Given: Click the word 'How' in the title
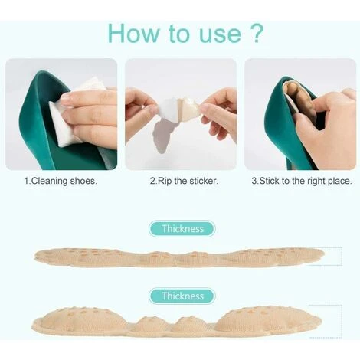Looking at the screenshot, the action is coord(133,33).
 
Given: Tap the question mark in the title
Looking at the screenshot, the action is coord(254,33).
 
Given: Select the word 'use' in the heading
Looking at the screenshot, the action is coord(220,35).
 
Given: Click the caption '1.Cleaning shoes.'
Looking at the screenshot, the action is coord(61,181).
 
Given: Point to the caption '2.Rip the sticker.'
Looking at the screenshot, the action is coord(184,181).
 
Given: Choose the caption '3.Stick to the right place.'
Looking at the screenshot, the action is coord(302,181).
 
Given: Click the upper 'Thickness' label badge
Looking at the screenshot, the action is coord(182,229).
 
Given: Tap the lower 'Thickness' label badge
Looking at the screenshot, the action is coord(182,296).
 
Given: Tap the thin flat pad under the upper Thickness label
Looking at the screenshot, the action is coord(179,257).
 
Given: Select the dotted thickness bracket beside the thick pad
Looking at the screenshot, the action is coord(342,321).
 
